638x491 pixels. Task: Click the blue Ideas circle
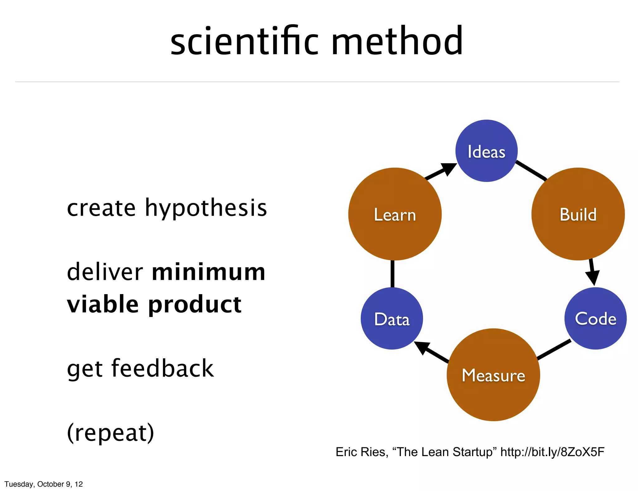486,151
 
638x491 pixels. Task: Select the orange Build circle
578,214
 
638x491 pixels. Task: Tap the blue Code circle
595,318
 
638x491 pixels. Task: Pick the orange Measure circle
493,375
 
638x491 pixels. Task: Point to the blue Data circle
392,319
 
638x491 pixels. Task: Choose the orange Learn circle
395,214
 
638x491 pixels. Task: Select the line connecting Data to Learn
392,274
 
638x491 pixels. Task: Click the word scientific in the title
244,41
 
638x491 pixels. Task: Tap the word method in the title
397,41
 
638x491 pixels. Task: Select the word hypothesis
206,208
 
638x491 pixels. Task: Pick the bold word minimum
208,272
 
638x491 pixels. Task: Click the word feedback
162,369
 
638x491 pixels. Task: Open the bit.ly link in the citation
552,452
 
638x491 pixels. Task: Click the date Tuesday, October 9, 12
44,484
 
